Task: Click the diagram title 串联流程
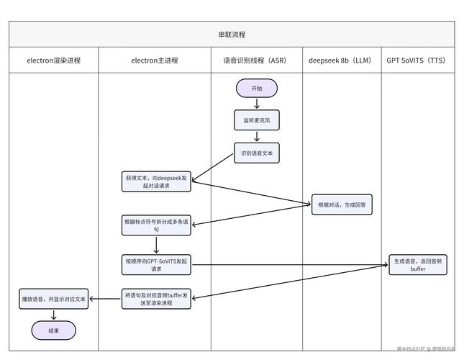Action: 232,34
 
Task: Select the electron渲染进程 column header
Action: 54,60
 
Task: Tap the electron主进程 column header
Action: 155,60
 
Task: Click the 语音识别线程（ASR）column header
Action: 256,60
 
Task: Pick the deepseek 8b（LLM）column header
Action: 341,60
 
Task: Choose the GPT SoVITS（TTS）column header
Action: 417,60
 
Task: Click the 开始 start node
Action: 257,88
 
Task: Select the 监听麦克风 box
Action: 257,120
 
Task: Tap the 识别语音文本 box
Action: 257,153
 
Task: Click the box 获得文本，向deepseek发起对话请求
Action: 156,181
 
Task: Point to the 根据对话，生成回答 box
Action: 342,204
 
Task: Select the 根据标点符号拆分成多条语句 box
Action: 156,225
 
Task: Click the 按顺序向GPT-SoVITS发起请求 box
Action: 156,264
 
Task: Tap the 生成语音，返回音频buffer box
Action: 418,264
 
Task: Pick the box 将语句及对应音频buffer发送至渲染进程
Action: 156,298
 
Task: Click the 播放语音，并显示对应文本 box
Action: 53,298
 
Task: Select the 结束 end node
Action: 53,330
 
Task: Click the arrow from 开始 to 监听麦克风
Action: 257,104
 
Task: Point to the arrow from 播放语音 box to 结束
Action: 53,315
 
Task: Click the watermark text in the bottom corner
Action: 425,348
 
